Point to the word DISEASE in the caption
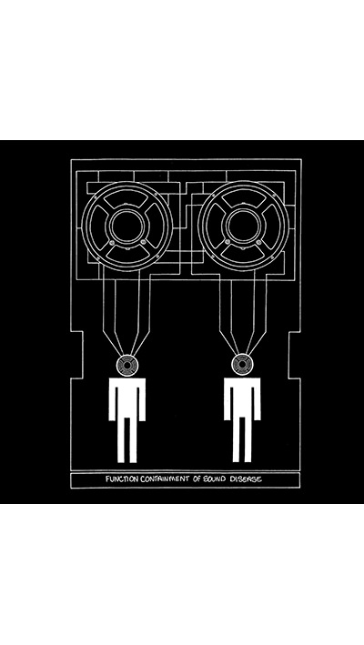pyautogui.click(x=246, y=479)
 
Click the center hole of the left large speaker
pyautogui.click(x=127, y=227)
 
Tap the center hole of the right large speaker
pyautogui.click(x=244, y=227)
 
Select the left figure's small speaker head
pyautogui.click(x=127, y=366)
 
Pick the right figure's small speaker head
pyautogui.click(x=243, y=366)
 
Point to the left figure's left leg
pyautogui.click(x=121, y=439)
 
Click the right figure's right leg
pyautogui.click(x=248, y=439)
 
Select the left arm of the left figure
pyautogui.click(x=112, y=399)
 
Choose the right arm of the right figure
pyautogui.click(x=257, y=399)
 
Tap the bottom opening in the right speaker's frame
pyautogui.click(x=244, y=254)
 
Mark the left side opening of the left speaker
pyautogui.click(x=99, y=227)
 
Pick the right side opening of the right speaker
pyautogui.click(x=271, y=227)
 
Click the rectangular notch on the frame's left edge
pyautogui.click(x=77, y=355)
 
